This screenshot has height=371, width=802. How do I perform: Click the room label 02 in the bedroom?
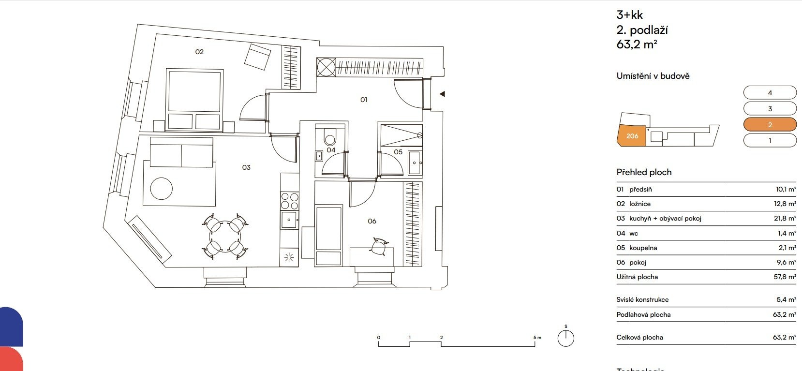pos(199,52)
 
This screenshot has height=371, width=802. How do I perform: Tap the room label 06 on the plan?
pos(372,222)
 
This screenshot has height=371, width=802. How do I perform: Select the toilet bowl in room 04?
pos(330,137)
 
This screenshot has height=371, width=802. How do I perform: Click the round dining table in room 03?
pos(225,237)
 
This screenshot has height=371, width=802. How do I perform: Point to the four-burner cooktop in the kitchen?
pos(290,201)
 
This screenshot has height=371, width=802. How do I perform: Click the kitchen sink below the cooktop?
pos(289,220)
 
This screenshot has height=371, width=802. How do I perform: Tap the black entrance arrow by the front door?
pos(443,94)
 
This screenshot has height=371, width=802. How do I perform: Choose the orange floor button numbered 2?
pos(770,125)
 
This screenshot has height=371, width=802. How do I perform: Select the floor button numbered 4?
pos(770,93)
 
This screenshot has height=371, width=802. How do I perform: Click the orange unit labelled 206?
pos(632,136)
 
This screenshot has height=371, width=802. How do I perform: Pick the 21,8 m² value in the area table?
pos(785,219)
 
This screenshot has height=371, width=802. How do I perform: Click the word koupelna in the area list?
pos(643,248)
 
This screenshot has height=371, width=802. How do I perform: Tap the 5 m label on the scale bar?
pos(537,337)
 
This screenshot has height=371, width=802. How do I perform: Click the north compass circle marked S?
pos(565,338)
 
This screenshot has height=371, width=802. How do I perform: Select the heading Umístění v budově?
pos(653,76)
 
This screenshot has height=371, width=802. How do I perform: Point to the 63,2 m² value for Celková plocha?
pos(785,337)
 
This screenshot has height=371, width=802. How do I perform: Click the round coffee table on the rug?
pos(162,189)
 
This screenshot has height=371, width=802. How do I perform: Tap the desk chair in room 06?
pos(379,246)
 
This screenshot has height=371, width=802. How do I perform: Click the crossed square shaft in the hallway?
pos(326,67)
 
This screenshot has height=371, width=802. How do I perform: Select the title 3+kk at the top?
pos(629,15)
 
